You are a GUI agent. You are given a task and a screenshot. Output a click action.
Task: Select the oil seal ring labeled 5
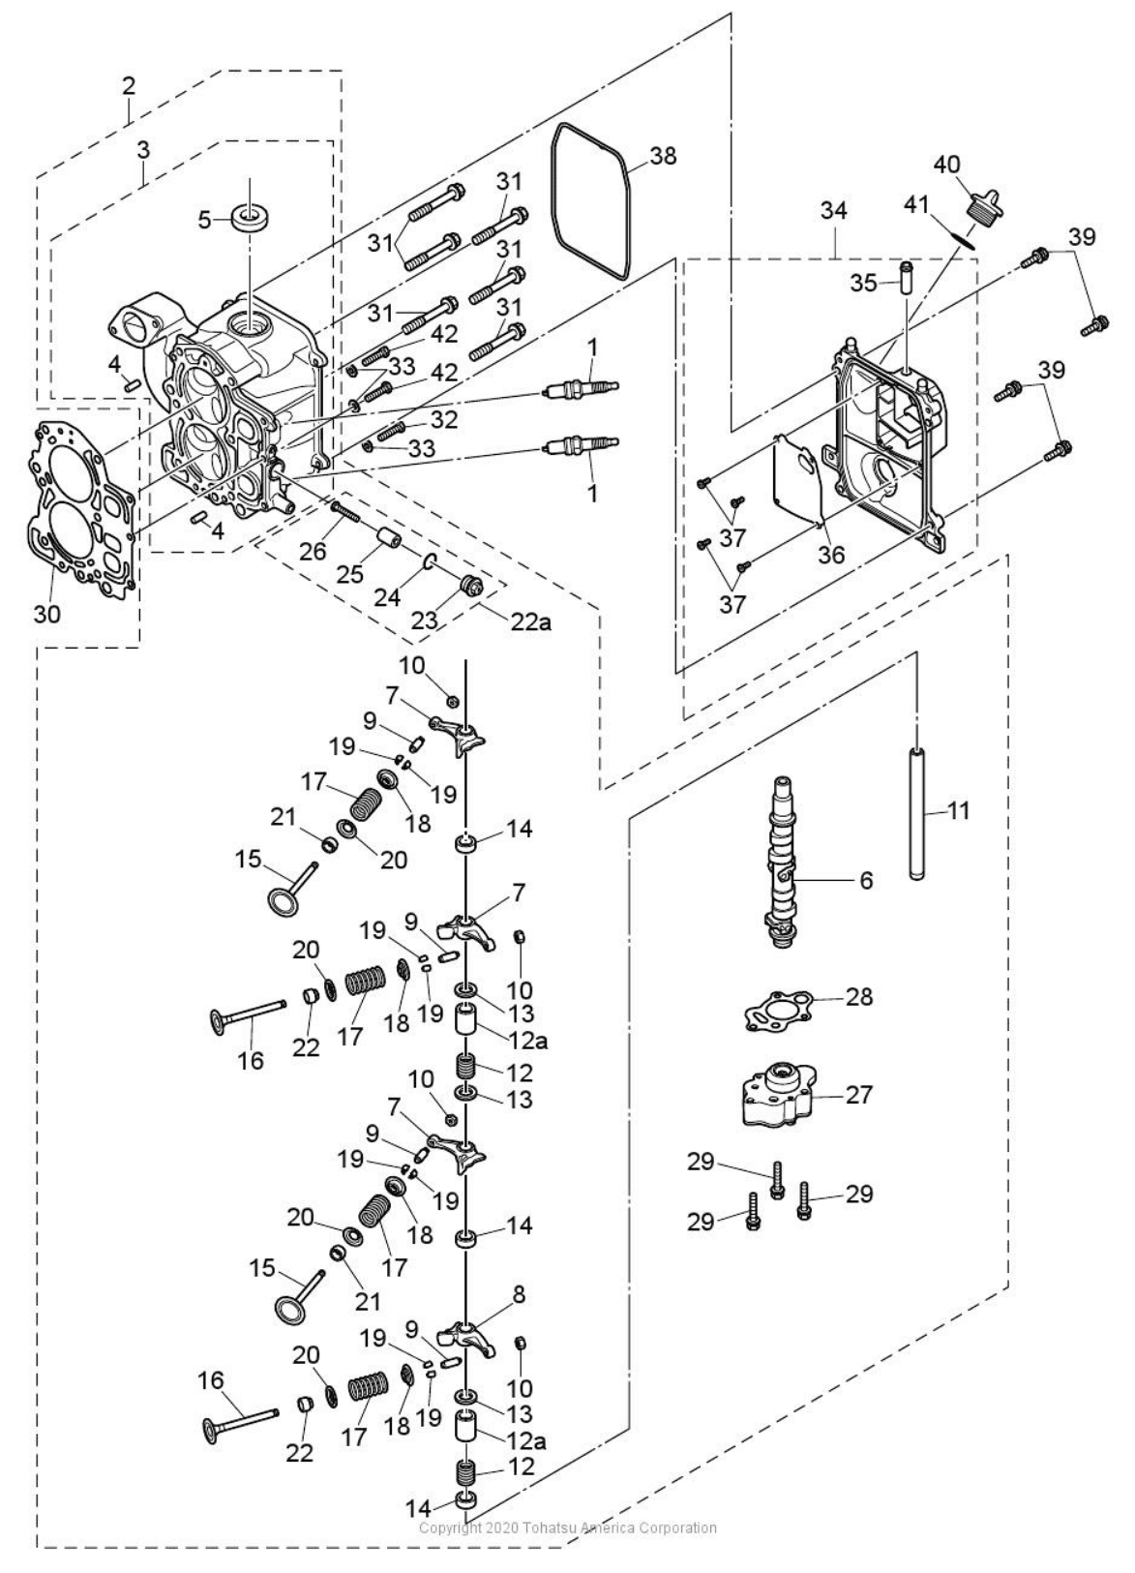coord(249,217)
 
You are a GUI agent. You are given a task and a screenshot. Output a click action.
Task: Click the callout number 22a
coord(531,623)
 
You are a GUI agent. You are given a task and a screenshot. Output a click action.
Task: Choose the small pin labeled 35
coord(906,278)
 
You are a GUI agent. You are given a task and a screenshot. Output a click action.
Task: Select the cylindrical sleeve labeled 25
coord(389,537)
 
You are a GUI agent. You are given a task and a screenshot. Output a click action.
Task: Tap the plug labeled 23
coord(472,586)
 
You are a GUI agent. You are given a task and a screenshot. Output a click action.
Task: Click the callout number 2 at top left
coord(129,85)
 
